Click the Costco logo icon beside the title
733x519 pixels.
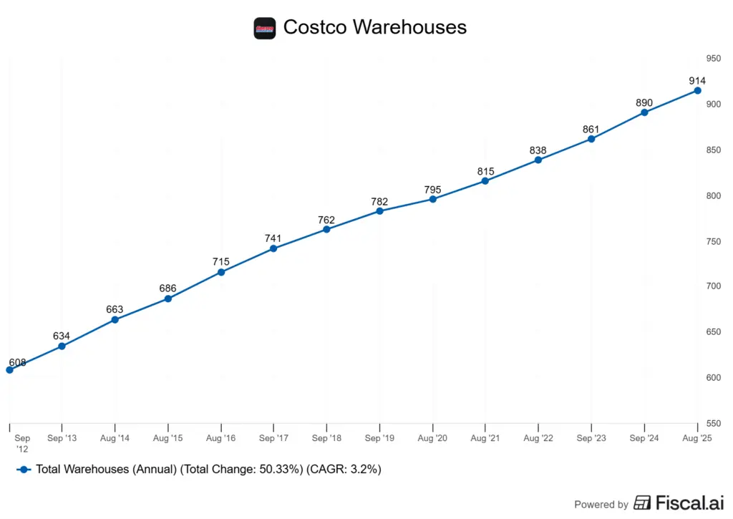(265, 28)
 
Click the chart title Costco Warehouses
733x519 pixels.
(374, 27)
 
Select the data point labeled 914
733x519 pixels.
(698, 91)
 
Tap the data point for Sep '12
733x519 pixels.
(9, 370)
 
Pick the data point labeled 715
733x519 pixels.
(221, 272)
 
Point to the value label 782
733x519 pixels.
(379, 202)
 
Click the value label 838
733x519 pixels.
(538, 150)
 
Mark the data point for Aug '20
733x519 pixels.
(433, 199)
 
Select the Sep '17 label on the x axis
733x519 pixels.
(273, 437)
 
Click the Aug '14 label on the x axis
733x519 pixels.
(115, 437)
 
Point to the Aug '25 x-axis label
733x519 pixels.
(698, 437)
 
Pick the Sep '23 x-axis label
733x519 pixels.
(591, 437)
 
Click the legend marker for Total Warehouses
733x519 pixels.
(24, 470)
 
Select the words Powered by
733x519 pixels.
(601, 504)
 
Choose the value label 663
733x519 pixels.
(115, 310)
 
